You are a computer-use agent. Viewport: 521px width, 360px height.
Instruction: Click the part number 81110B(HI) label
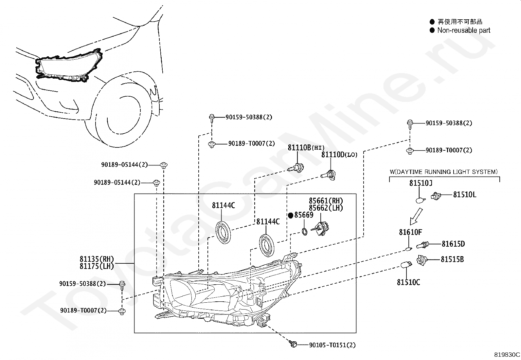point(306,148)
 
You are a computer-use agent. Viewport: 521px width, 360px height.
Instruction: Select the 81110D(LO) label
point(339,155)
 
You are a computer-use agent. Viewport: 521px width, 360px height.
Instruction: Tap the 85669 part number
point(304,215)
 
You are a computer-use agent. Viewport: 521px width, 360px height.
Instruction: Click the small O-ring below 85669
point(304,232)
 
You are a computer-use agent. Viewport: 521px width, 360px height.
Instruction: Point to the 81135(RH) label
point(97,259)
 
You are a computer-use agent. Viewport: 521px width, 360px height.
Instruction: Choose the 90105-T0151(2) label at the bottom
point(332,345)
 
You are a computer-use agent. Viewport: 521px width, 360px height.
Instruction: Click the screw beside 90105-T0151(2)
point(293,344)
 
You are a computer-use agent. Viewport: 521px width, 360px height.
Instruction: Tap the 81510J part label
point(421,183)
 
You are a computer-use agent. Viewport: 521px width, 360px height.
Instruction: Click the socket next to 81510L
point(436,196)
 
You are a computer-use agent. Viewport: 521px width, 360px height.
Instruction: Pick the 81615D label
point(453,244)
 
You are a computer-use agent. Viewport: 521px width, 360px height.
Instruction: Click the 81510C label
point(408,282)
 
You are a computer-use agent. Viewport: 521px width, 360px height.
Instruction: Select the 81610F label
point(410,232)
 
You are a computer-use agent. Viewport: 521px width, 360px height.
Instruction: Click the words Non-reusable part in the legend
point(464,30)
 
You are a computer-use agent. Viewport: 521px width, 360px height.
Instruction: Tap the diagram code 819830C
point(507,355)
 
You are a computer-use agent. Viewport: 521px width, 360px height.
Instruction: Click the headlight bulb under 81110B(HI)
point(296,168)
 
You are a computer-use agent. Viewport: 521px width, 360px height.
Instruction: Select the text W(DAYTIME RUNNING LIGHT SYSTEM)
point(444,172)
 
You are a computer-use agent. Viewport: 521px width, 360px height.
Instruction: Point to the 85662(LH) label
point(326,208)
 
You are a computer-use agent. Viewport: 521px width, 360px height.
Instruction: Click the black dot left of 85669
point(291,216)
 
